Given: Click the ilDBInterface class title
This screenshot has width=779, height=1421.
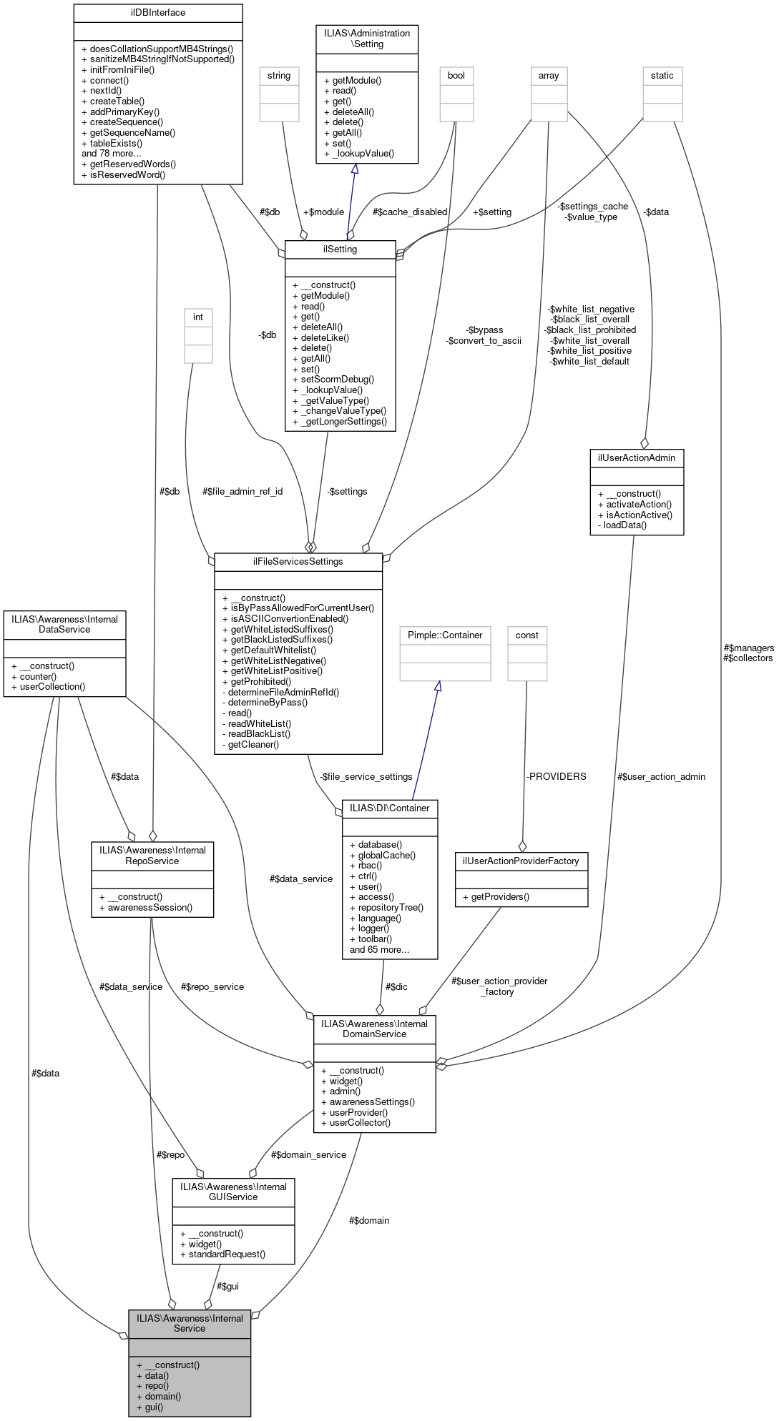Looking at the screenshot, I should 157,12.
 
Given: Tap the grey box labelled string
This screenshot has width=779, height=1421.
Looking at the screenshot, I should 279,76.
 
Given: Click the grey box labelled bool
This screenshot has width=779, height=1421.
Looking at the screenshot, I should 456,76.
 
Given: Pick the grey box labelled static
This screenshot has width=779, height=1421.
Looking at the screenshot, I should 662,76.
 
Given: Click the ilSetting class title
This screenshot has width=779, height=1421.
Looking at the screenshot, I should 340,249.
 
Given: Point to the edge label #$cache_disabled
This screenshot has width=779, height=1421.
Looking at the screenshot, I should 409,212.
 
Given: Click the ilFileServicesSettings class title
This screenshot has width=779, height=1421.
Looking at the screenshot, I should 298,562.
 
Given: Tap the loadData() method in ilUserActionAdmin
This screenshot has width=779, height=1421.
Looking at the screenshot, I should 624,525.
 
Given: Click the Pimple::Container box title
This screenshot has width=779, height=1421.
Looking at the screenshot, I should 445,635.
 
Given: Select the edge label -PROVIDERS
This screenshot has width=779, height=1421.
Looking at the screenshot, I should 556,777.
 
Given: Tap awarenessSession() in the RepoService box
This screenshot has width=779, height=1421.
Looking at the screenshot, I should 150,908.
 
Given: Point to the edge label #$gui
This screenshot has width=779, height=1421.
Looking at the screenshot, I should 227,1287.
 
